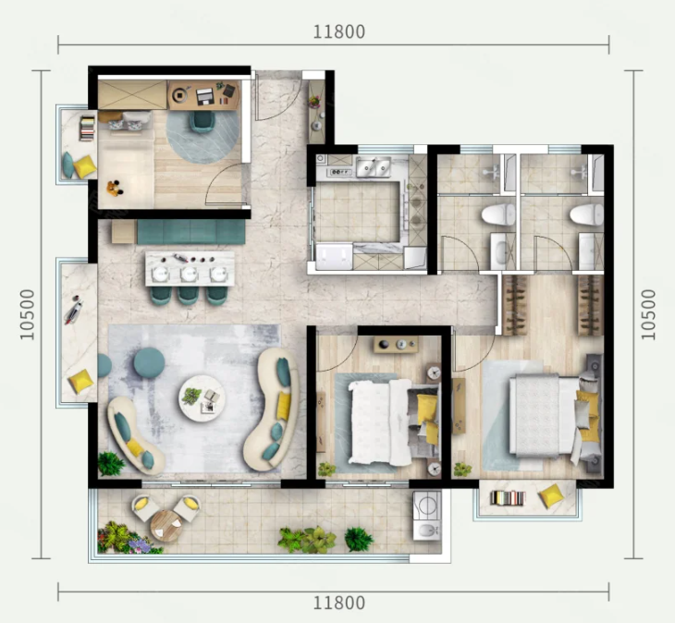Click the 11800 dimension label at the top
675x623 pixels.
click(x=339, y=31)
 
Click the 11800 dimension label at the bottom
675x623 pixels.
click(x=339, y=603)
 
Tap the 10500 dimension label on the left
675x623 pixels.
click(x=27, y=314)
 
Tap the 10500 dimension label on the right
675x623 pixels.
click(x=648, y=314)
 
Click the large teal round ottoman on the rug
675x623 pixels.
click(x=149, y=362)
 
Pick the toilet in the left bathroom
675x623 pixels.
click(x=498, y=214)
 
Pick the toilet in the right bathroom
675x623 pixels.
click(x=587, y=214)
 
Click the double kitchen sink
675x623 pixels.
click(x=374, y=167)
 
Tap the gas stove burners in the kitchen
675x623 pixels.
click(x=340, y=173)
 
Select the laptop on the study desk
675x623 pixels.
click(x=205, y=96)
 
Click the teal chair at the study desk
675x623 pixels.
click(x=202, y=121)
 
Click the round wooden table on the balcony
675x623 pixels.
click(x=166, y=526)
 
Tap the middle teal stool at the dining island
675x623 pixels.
click(x=188, y=296)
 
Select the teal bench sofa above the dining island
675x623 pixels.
click(x=191, y=231)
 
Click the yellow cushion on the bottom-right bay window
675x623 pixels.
click(x=551, y=495)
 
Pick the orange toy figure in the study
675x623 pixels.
click(x=114, y=188)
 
